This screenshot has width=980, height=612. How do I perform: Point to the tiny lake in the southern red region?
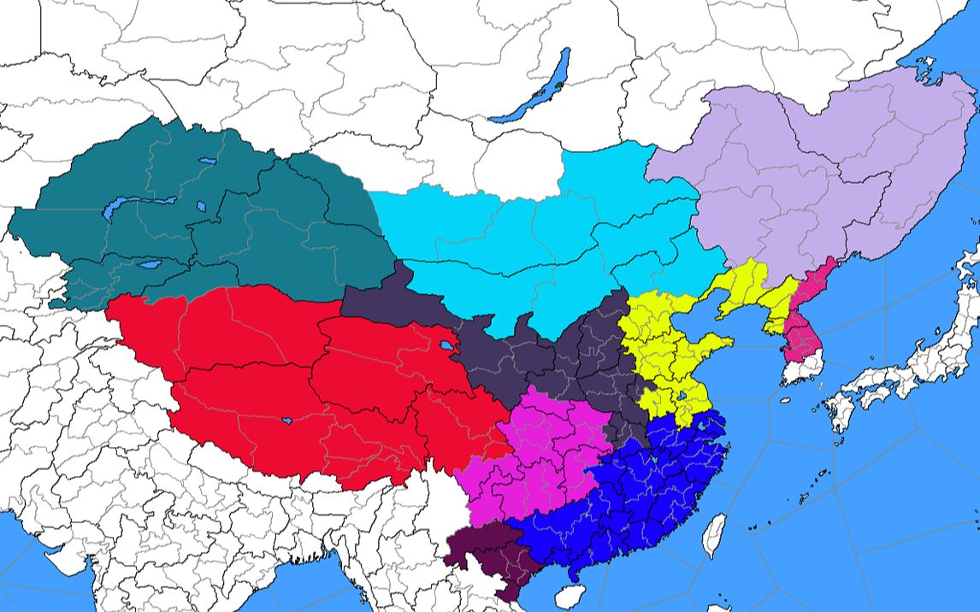pyautogui.click(x=286, y=421)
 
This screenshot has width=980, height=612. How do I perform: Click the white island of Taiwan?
pyautogui.click(x=715, y=535)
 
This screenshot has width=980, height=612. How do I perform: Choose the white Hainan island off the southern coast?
pyautogui.click(x=575, y=596)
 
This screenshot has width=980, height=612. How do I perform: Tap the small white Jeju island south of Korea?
pyautogui.click(x=785, y=399)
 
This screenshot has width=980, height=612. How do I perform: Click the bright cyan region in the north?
pyautogui.click(x=547, y=239)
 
